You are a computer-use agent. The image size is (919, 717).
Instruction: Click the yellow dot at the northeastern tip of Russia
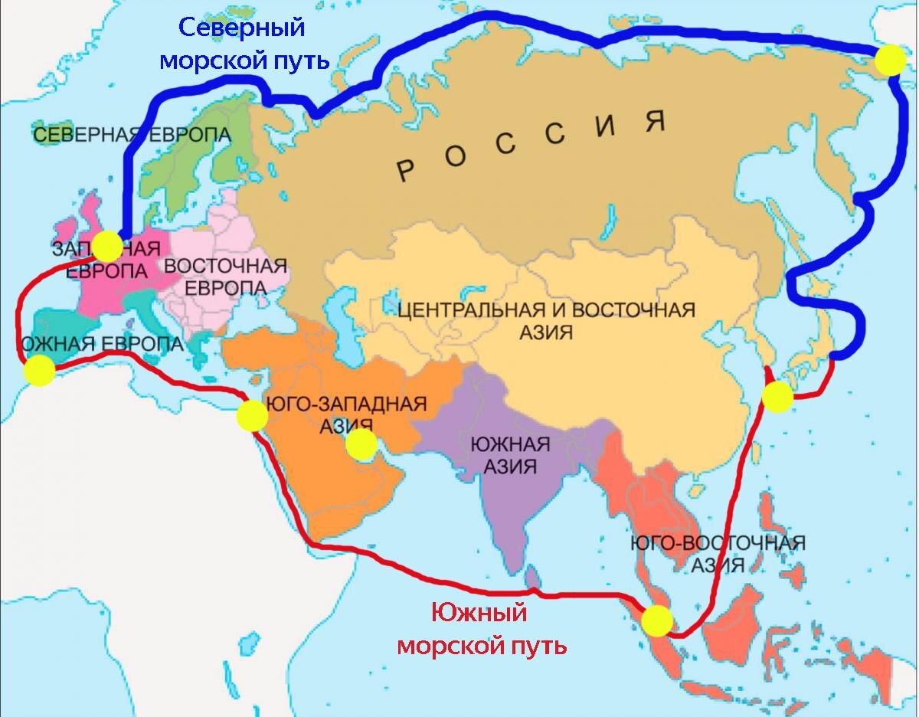tap(890, 59)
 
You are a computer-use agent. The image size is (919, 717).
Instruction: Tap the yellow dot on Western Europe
tap(107, 246)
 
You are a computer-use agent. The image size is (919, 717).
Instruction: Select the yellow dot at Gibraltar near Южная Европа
tap(39, 372)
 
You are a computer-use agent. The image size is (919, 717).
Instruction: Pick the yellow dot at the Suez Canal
tap(252, 416)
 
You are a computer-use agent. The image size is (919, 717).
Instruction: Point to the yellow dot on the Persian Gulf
tap(361, 444)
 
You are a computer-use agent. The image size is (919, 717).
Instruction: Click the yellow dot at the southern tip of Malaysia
tap(656, 620)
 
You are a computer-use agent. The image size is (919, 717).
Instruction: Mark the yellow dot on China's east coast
tap(777, 397)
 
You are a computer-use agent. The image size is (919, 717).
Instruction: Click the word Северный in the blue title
tap(242, 28)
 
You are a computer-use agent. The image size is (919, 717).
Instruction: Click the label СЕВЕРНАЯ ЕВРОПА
tap(132, 135)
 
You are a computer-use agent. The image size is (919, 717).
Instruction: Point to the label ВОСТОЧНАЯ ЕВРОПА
tap(226, 277)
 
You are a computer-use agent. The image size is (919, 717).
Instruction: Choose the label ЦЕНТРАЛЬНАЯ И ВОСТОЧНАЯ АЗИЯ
tap(546, 320)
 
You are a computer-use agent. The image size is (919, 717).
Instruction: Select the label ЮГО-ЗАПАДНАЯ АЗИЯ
tap(344, 414)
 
